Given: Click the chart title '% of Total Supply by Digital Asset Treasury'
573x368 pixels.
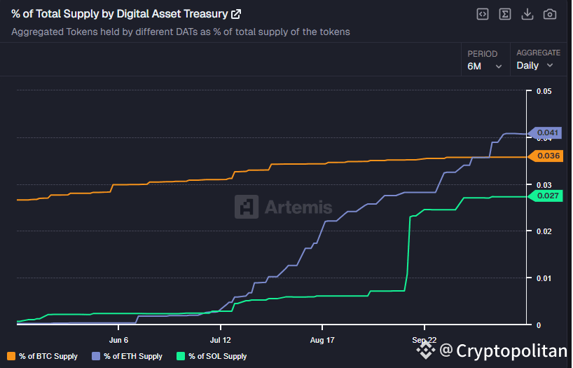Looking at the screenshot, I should pos(120,14).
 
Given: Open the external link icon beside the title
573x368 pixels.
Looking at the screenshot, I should pos(236,14).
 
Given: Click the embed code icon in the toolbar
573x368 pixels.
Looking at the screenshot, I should pos(482,14).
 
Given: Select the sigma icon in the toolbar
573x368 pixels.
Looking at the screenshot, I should pos(504,14).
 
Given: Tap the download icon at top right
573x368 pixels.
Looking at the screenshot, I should pos(527,14).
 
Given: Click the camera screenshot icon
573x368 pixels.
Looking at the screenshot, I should pos(550,14).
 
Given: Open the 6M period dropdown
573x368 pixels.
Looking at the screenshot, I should pos(485,66).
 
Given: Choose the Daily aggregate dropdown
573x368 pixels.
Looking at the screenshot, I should pos(535,65).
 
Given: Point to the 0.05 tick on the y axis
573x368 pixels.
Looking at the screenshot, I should pos(544,91).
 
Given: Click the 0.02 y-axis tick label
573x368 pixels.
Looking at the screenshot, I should pos(544,231).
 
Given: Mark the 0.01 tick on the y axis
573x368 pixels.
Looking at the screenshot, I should pos(544,278).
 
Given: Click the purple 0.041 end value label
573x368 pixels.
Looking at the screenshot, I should pos(548,132).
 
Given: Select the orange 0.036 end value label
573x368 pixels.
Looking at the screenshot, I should pos(548,156).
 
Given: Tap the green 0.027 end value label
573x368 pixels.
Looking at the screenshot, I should pos(548,196).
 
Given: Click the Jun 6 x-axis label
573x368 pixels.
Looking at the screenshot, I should pos(118,340).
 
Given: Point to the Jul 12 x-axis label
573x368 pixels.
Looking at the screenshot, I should pos(220,340).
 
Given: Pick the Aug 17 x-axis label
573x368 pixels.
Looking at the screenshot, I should pos(322,340).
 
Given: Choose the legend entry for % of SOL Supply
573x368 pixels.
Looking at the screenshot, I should pos(212,356).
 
